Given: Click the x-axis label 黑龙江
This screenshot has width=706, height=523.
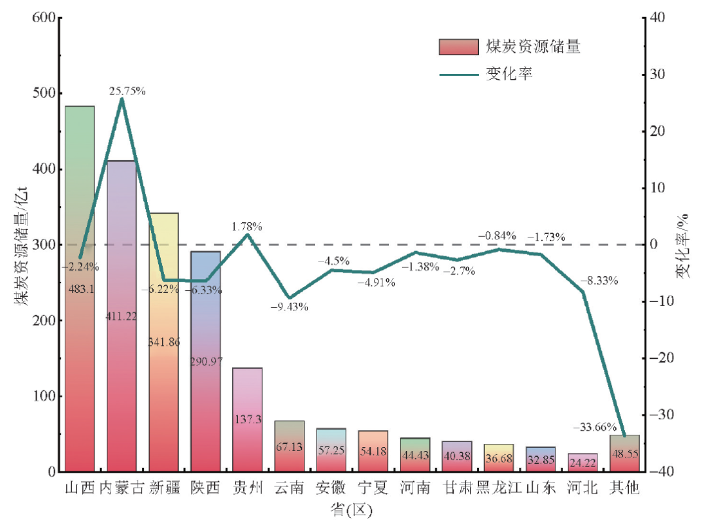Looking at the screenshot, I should click(499, 488).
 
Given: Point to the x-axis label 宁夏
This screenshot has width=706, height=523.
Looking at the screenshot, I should click(373, 488).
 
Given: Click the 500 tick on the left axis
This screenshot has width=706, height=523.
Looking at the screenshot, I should click(42, 93).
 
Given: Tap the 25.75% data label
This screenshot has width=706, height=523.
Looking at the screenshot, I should click(127, 91).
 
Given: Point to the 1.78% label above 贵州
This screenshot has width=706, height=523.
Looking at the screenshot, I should click(247, 227).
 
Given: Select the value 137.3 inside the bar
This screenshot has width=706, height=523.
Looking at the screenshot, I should click(247, 419).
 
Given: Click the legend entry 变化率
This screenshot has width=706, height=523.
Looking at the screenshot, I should click(509, 74).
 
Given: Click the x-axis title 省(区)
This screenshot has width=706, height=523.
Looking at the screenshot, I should click(351, 510).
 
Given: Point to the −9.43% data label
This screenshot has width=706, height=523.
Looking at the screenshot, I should click(289, 306).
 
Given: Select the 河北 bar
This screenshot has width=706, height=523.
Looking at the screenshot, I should click(582, 462).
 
